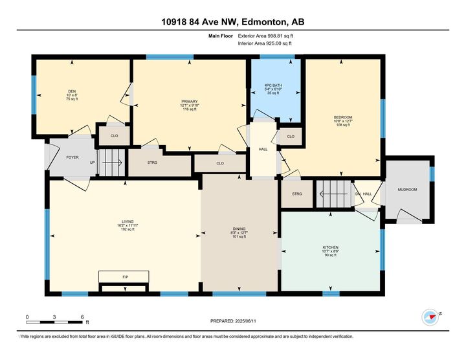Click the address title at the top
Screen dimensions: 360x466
click(232, 21)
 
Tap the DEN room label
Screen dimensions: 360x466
click(72, 91)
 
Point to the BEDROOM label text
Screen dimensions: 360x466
click(342, 117)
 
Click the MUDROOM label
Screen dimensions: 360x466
click(407, 189)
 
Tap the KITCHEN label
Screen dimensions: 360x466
click(331, 247)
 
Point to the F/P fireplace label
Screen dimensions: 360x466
click(125, 276)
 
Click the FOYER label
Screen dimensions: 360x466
click(72, 157)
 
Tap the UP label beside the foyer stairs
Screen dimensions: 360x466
click(93, 163)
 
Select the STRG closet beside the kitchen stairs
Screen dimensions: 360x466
click(297, 194)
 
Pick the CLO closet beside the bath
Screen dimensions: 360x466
click(290, 136)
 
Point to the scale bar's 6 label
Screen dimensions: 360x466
click(83, 317)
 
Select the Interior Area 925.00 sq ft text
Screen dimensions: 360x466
click(266, 43)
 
